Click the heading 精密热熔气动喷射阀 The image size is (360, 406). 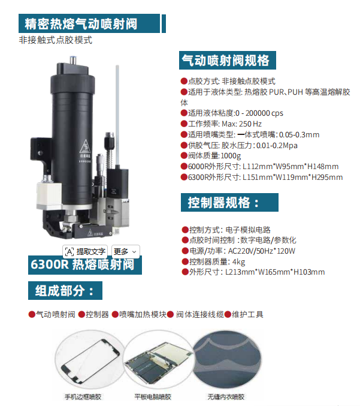[81, 24]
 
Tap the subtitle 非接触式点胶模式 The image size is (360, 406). [55, 40]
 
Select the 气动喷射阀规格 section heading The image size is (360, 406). [225, 61]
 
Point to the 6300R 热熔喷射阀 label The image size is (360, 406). [83, 264]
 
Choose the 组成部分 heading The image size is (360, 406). [65, 290]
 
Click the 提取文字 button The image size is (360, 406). [85, 251]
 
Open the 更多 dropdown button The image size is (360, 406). [125, 251]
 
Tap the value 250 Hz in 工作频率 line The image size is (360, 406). [250, 124]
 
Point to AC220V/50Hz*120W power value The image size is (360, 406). [262, 251]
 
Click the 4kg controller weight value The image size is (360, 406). [238, 262]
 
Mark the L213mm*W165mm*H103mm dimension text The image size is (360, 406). [275, 272]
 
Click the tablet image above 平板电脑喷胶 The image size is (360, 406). [158, 360]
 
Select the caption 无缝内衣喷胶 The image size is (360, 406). [226, 396]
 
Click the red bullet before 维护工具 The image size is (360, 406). [228, 315]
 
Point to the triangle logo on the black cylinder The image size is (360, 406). [85, 146]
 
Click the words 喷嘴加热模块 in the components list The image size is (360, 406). [143, 315]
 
